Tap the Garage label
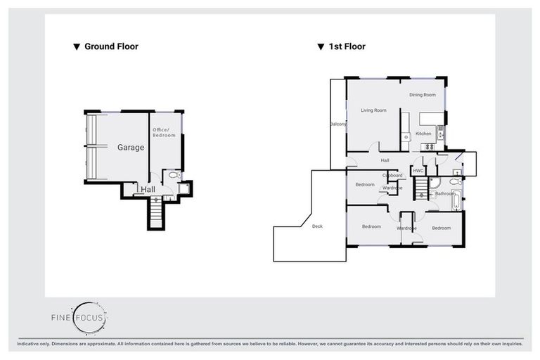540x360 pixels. pyautogui.click(x=131, y=148)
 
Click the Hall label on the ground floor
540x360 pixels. pyautogui.click(x=148, y=190)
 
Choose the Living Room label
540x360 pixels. pyautogui.click(x=374, y=110)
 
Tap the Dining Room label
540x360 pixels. pyautogui.click(x=423, y=94)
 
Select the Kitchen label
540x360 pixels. pyautogui.click(x=423, y=134)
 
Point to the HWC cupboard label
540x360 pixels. pyautogui.click(x=418, y=171)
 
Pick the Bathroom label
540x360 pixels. pyautogui.click(x=444, y=193)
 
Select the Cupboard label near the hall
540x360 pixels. pyautogui.click(x=392, y=175)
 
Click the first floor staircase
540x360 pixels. pyautogui.click(x=420, y=188)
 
